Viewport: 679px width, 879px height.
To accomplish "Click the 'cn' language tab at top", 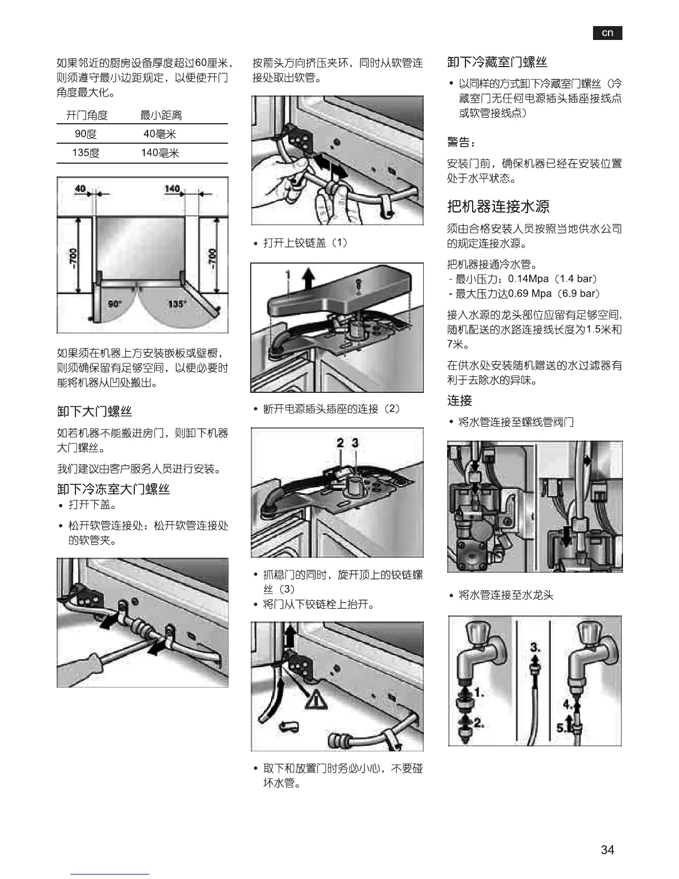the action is click(x=607, y=33).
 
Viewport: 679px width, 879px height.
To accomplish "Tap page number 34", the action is click(x=607, y=850).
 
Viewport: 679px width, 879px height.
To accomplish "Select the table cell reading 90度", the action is click(x=86, y=134).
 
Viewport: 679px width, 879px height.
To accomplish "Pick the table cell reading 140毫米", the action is click(x=160, y=153).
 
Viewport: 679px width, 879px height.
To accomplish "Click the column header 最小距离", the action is click(x=161, y=115).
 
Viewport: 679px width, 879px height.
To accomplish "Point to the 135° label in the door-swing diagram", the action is click(x=176, y=304).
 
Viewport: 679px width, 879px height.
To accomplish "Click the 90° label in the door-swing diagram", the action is click(x=114, y=304).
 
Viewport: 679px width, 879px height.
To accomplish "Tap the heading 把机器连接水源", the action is click(x=498, y=206).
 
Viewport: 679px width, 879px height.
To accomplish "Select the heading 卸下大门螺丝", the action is click(x=94, y=411).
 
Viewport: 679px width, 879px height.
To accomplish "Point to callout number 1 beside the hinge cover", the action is click(x=288, y=275).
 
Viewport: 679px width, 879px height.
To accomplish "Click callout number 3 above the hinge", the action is click(x=355, y=443).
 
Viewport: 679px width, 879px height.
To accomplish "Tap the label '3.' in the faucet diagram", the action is click(x=535, y=647).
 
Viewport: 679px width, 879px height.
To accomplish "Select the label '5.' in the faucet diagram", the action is click(x=561, y=728).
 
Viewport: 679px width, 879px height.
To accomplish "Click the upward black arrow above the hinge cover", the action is click(x=309, y=275).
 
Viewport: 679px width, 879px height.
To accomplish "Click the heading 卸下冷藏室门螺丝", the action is click(x=497, y=62).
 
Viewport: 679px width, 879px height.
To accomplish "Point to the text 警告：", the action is click(x=461, y=143).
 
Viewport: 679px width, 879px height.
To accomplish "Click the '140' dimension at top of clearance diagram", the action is click(x=172, y=189).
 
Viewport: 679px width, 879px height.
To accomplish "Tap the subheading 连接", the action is click(x=459, y=401).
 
